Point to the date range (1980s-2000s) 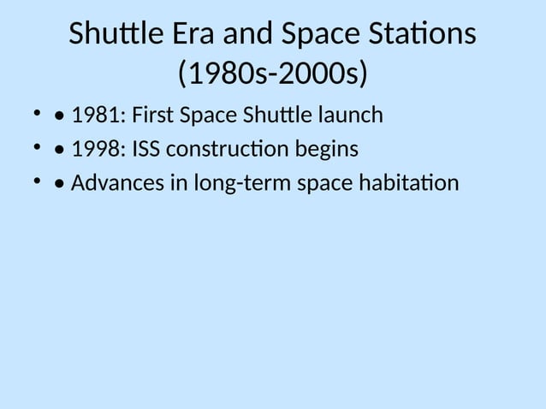coord(272,74)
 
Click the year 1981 coord(98,116)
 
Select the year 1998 coord(98,150)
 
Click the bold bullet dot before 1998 coord(58,151)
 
